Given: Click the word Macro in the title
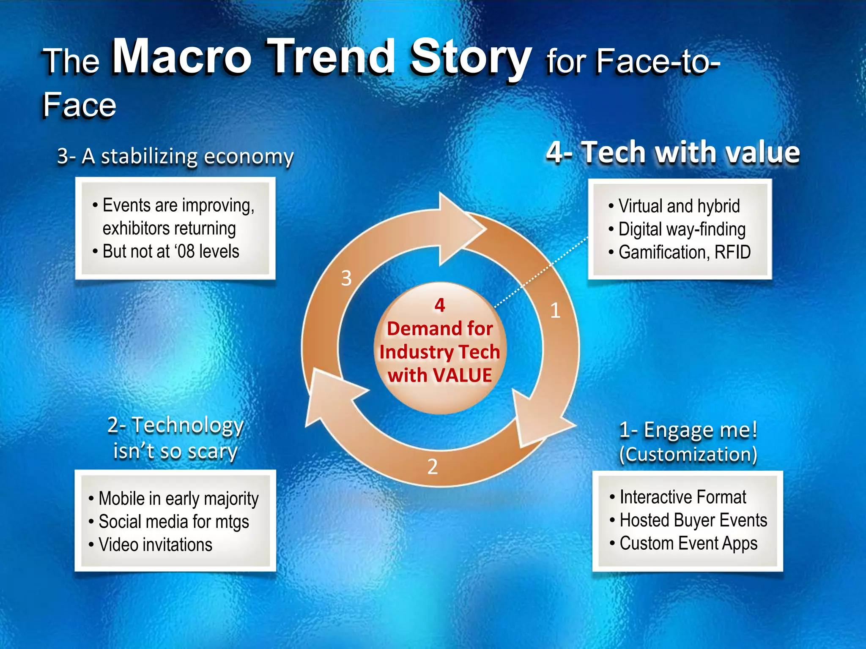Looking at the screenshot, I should tap(182, 57).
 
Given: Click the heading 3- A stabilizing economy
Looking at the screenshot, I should tap(175, 156).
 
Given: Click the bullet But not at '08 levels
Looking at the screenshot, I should tap(171, 251).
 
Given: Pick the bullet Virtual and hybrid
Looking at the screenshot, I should tap(679, 206).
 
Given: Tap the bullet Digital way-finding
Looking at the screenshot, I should tap(682, 229).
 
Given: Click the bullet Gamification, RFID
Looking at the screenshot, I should tap(684, 252).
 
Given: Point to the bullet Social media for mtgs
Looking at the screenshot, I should tap(173, 522).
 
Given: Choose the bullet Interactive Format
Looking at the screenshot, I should tap(682, 497).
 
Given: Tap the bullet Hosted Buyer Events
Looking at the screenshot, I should tap(693, 520).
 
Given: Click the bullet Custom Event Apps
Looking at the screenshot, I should tap(688, 543).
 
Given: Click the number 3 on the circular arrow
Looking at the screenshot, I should tap(346, 278).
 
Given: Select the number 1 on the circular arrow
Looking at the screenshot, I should tap(555, 311).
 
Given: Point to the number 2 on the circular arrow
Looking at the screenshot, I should tap(432, 467).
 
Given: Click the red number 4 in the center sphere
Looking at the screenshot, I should tap(440, 305).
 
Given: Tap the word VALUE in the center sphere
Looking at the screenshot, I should tap(463, 375).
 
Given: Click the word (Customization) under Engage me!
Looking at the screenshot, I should tap(688, 455).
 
